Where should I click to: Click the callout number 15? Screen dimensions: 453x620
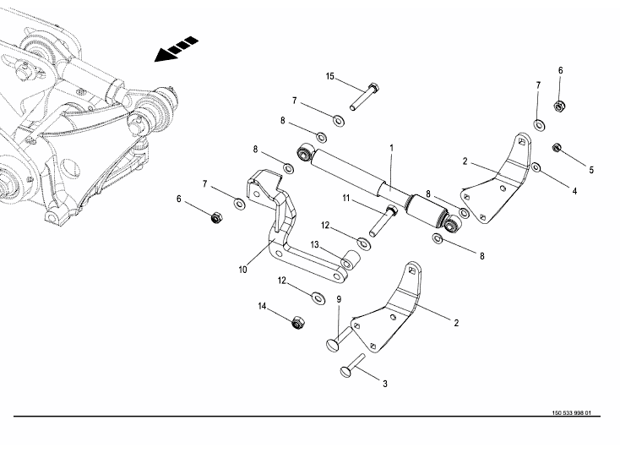point(330,77)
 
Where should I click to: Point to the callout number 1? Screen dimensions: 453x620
point(392,148)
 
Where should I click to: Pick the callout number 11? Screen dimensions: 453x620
point(346,198)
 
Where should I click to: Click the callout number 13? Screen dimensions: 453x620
point(314,245)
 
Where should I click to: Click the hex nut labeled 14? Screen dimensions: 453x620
point(297,323)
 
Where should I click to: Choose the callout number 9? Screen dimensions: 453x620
point(339,298)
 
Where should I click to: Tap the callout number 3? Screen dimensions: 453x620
point(385,385)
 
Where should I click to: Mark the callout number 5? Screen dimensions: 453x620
point(591,170)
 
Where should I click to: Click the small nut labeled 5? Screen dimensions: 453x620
point(557,149)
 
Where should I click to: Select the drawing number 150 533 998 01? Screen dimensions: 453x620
point(572,413)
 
